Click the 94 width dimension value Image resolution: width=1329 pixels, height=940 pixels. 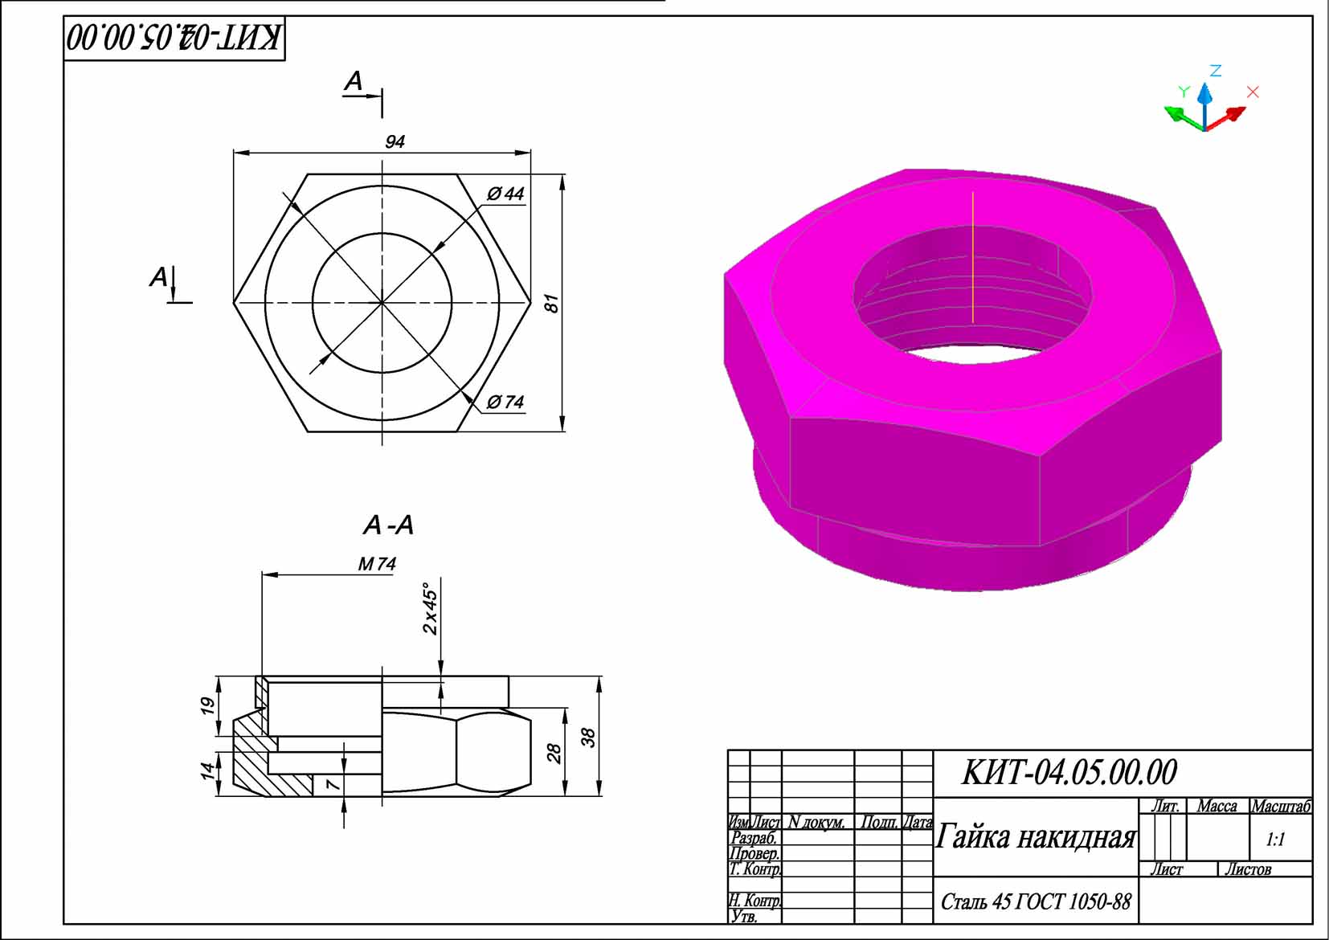coord(395,141)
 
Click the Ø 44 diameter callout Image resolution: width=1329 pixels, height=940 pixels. coord(505,194)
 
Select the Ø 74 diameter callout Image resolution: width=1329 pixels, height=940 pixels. coord(505,402)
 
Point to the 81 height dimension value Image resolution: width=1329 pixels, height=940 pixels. coord(551,304)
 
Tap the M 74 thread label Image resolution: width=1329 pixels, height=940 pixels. coord(377,564)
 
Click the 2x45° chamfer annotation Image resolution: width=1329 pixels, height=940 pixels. coord(431,608)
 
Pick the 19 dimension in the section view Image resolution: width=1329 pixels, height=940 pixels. coord(207,705)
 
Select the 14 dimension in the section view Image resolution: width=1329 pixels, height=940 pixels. coord(207,770)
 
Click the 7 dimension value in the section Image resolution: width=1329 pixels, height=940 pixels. coord(333,783)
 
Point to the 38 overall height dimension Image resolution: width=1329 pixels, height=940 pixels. coord(588,737)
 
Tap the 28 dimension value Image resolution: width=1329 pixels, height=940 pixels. coord(554,753)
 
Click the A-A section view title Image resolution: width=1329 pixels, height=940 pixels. coord(388,525)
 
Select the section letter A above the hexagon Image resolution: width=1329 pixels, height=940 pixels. coord(354,80)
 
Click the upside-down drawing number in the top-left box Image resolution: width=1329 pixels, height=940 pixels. coord(174,38)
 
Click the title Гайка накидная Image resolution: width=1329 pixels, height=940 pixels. coord(1036,837)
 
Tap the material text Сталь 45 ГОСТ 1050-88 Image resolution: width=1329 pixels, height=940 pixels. coord(1036,902)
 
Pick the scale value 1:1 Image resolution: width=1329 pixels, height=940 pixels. coord(1275,840)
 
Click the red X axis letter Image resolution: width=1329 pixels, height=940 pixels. coord(1253,92)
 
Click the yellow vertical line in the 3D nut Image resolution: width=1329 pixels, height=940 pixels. coord(973,257)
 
